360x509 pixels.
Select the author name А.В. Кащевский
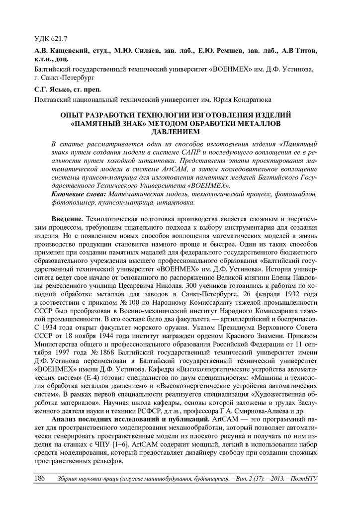point(55,52)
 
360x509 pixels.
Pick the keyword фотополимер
point(72,202)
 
